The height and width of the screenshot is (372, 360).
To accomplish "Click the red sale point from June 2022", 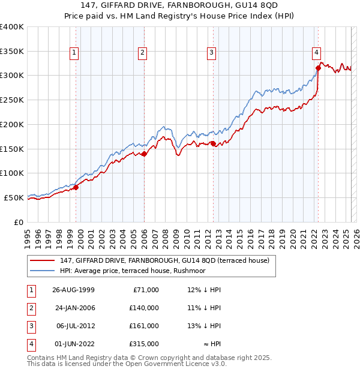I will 318,68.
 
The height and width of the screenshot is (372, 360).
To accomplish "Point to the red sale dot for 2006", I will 145,154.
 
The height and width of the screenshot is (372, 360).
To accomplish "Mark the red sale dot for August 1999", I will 76,188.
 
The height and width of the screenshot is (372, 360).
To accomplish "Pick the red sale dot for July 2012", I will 213,143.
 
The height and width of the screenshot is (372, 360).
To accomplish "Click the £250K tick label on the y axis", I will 12,100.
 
